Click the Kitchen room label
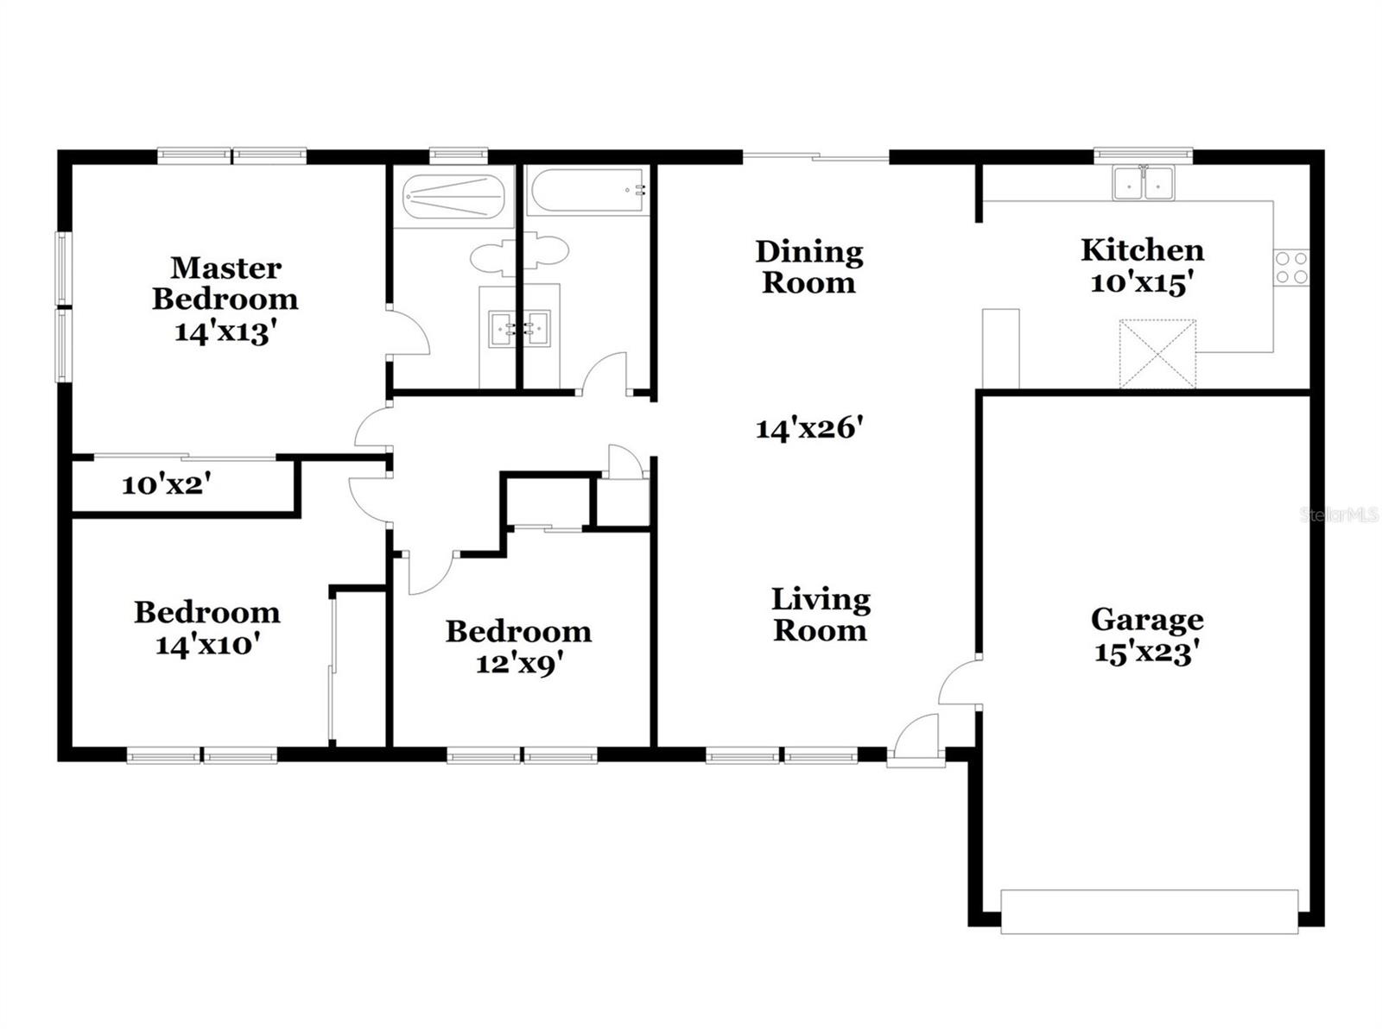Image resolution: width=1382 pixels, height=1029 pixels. click(x=1142, y=250)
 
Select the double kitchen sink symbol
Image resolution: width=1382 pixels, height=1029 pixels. click(x=1143, y=183)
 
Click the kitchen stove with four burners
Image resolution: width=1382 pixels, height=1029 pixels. click(x=1291, y=268)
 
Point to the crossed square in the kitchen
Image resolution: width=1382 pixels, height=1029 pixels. click(x=1157, y=353)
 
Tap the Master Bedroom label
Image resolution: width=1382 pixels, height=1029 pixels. click(x=225, y=283)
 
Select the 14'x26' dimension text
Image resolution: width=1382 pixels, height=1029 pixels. click(x=809, y=428)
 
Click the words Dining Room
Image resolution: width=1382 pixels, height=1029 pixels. click(x=809, y=267)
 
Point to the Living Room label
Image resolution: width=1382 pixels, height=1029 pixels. click(x=819, y=615)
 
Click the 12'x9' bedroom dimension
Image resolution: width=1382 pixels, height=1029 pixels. click(x=520, y=664)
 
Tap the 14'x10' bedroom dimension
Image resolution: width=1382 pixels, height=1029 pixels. click(x=207, y=645)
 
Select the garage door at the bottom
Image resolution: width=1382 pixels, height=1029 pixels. click(x=1149, y=911)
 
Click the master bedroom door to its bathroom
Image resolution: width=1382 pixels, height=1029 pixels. click(x=409, y=331)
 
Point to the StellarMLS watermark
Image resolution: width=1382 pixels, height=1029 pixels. click(x=1340, y=515)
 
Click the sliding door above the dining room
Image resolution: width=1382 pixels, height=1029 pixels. click(x=816, y=157)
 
